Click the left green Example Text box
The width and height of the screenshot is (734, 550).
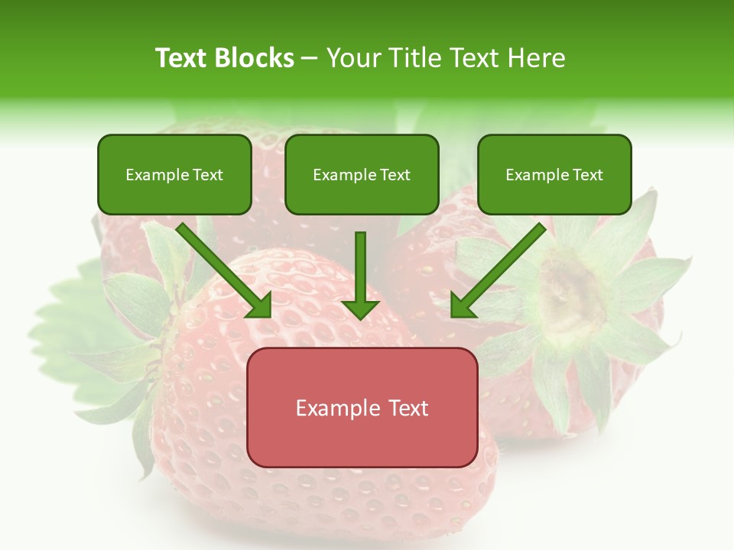174,174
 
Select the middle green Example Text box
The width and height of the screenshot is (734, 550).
362,174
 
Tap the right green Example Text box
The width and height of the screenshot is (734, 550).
554,174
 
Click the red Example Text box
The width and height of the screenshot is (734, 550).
362,407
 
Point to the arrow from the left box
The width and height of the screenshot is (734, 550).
222,267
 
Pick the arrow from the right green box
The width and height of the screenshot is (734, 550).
501,267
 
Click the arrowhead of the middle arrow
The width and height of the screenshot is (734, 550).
360,309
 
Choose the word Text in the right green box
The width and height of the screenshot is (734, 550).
587,174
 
